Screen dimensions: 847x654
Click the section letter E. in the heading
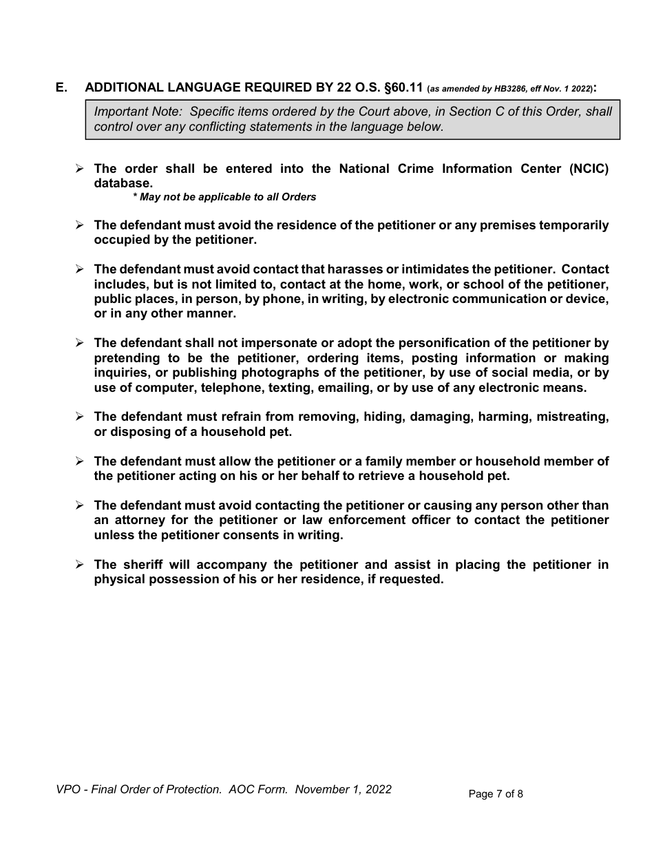click(x=62, y=87)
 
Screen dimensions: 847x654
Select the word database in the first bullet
click(x=122, y=184)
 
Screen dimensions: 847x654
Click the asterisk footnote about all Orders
click(x=224, y=197)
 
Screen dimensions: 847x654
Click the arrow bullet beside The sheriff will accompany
click(x=79, y=565)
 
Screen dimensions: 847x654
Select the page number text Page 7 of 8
click(x=496, y=794)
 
